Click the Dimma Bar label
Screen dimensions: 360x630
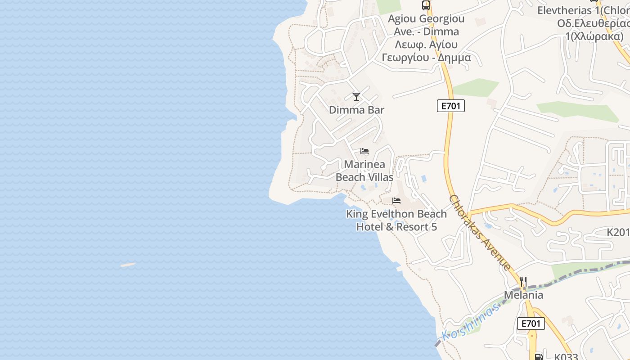coord(356,110)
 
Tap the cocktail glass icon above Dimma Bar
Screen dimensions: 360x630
coord(356,96)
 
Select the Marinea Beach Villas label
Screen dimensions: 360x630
coord(364,171)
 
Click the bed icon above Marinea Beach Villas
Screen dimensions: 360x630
coord(364,151)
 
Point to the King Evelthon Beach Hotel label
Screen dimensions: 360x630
coord(396,220)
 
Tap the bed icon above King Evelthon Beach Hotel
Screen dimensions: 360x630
coord(396,200)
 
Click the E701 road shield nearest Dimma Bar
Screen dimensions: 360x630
coord(450,106)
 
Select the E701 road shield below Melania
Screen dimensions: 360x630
coord(531,323)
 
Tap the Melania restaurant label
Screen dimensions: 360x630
coord(523,295)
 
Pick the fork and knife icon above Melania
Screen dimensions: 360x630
coord(523,282)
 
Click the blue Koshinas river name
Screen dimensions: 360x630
coord(471,321)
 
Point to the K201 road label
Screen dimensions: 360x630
coord(618,232)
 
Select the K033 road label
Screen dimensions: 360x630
coord(566,356)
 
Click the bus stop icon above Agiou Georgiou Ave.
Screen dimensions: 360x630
coord(426,5)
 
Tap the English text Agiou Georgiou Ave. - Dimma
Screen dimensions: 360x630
coord(426,25)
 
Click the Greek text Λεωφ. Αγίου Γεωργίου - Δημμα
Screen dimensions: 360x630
coord(426,51)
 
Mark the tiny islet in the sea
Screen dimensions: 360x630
coord(128,265)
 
